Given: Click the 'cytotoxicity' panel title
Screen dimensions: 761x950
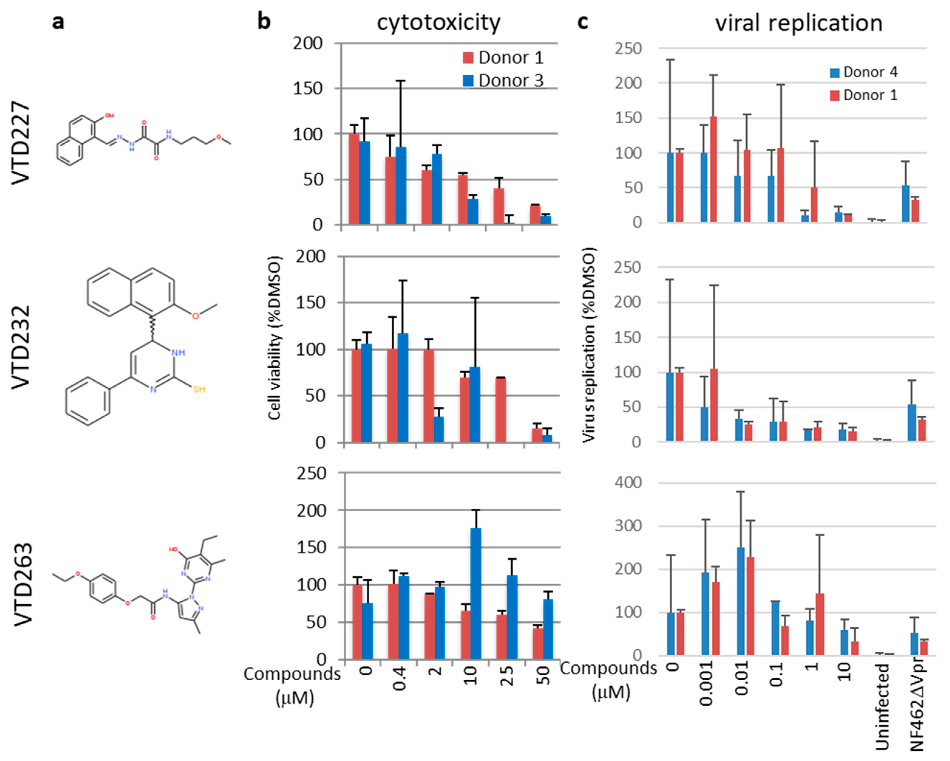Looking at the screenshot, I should pos(439,23).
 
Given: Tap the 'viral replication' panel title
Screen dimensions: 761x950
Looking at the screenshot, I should pos(799,23).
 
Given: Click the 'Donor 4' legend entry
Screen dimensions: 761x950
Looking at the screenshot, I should pos(863,72).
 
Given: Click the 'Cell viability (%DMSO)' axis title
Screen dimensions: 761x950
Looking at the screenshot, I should pos(274,338).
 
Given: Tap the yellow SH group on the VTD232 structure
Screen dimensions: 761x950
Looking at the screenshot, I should pos(199,389).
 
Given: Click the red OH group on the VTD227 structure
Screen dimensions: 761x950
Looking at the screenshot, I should pos(109,115).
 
